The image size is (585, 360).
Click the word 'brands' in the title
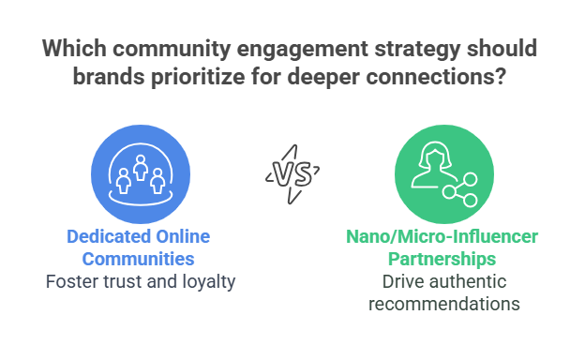point(117,78)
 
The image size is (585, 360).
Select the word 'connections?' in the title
point(457,78)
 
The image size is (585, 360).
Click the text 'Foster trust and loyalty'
point(141,280)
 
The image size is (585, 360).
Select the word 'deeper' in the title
point(343,78)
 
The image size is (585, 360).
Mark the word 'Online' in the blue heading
point(181,236)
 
